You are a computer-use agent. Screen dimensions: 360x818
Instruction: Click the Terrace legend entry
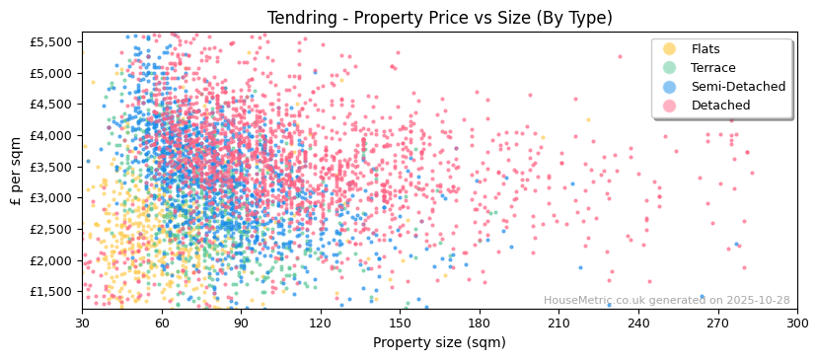click(x=712, y=68)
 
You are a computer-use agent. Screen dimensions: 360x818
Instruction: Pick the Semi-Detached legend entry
click(x=738, y=87)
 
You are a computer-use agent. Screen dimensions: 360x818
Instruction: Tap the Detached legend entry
click(x=720, y=106)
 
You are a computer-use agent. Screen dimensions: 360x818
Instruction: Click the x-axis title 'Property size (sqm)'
click(x=439, y=343)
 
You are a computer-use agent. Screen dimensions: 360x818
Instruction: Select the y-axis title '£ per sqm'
click(x=17, y=171)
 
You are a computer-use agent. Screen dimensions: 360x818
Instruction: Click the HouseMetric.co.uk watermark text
click(x=666, y=301)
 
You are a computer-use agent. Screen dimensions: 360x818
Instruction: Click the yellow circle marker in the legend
click(x=670, y=49)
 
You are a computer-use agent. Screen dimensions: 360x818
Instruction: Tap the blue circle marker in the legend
click(x=670, y=87)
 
